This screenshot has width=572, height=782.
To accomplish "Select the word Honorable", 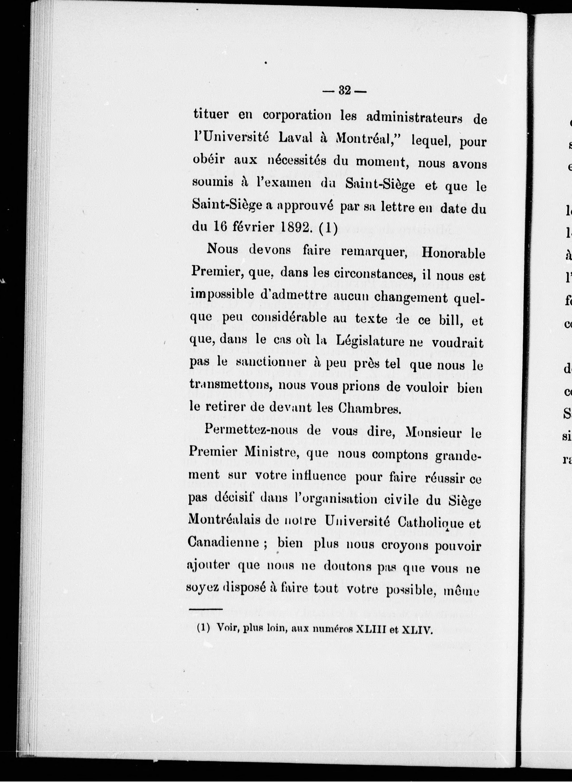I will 454,254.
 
